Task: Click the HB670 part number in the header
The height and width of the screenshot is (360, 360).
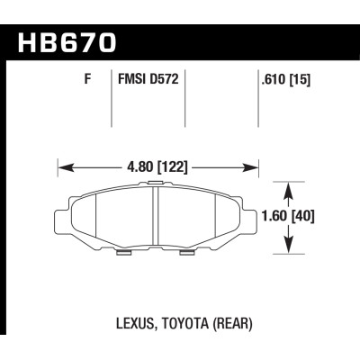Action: pyautogui.click(x=67, y=43)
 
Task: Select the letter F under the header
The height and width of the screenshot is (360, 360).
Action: pyautogui.click(x=87, y=79)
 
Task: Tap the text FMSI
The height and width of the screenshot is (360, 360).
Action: pyautogui.click(x=131, y=79)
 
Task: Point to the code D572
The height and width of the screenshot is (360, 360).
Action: pyautogui.click(x=164, y=79)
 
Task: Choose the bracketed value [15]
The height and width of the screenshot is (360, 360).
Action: pyautogui.click(x=300, y=80)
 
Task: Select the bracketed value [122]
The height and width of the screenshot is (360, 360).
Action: pyautogui.click(x=172, y=167)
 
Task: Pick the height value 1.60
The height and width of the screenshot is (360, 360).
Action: pyautogui.click(x=274, y=217)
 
